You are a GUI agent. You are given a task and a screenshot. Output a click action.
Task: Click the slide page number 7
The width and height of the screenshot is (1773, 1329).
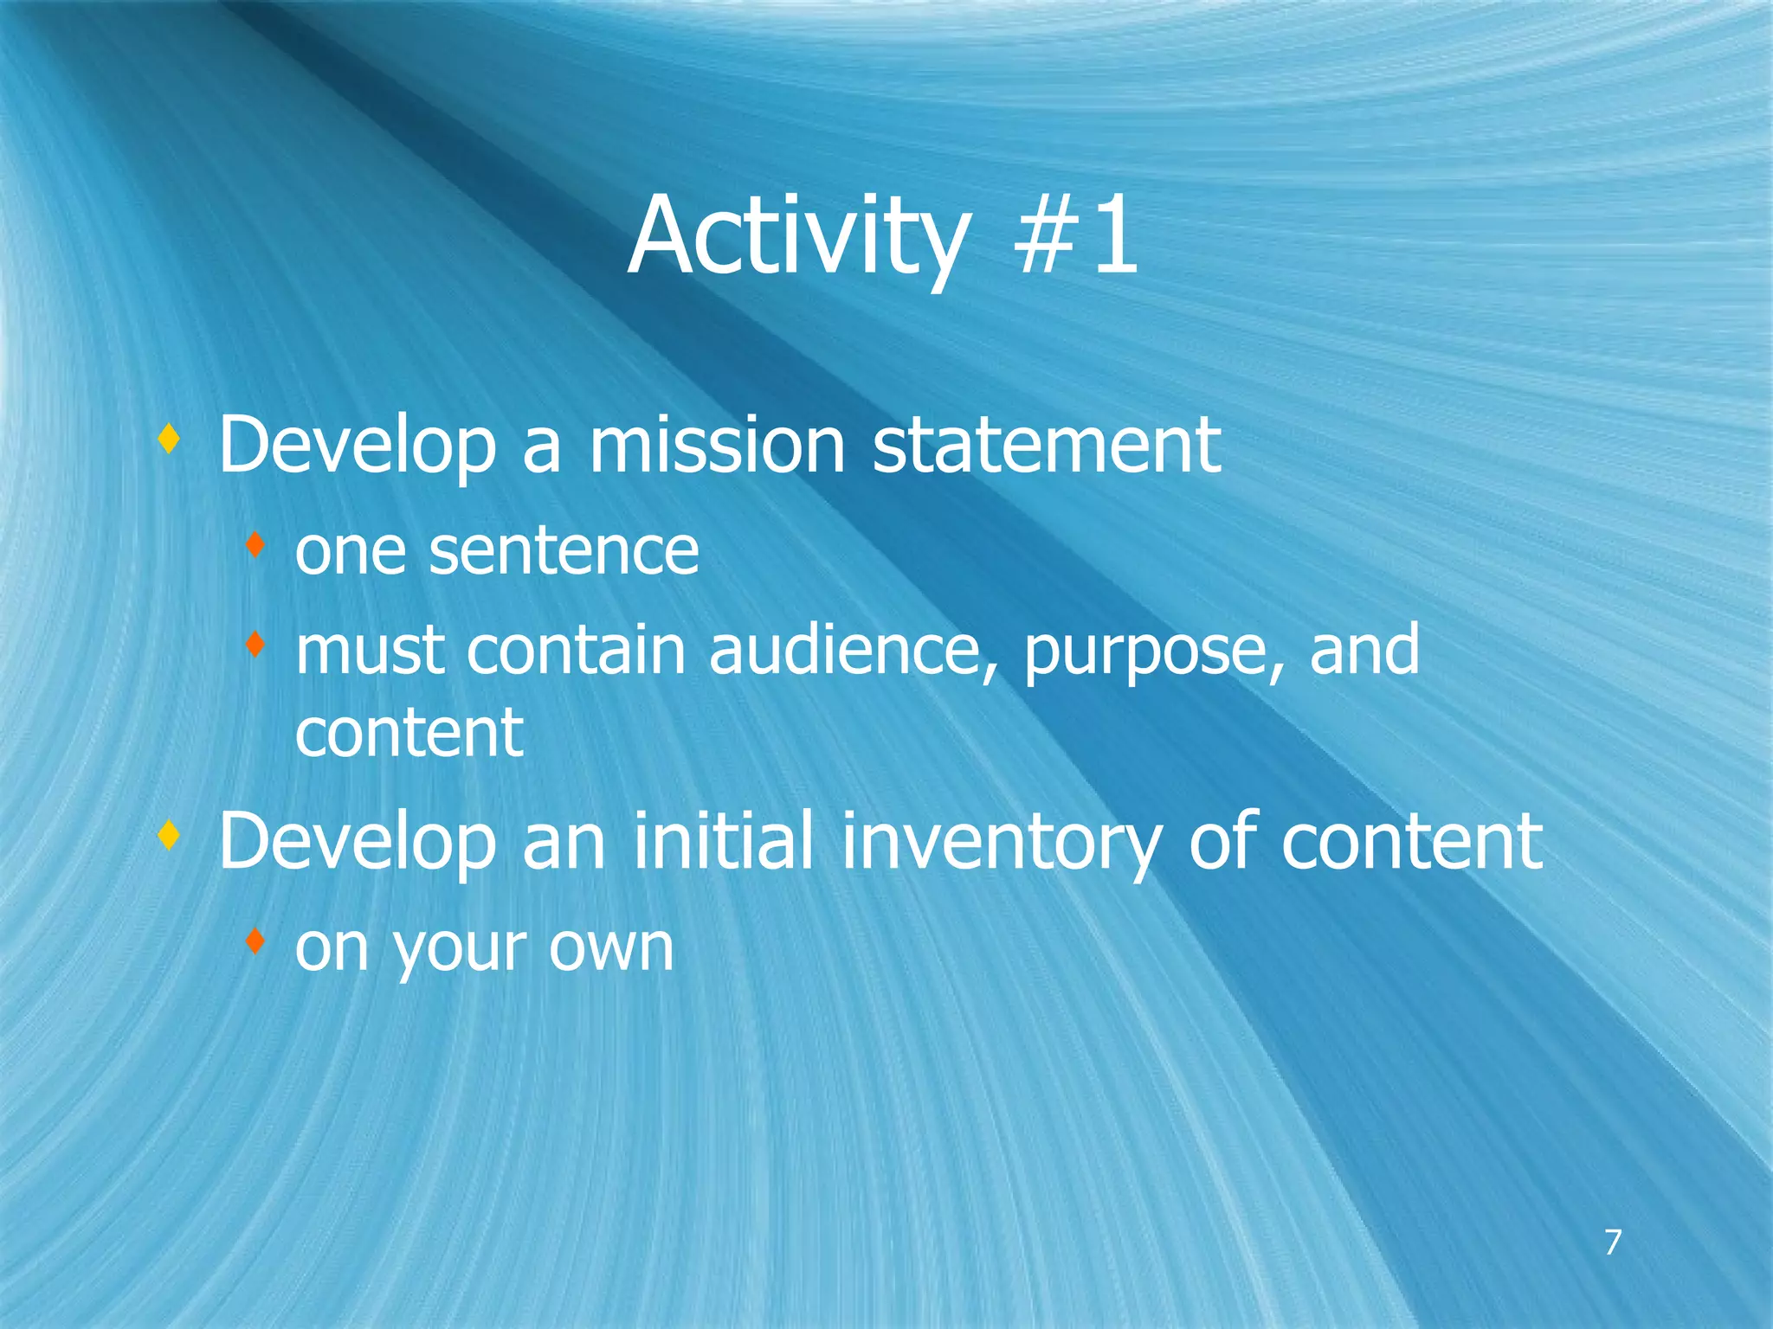point(1612,1242)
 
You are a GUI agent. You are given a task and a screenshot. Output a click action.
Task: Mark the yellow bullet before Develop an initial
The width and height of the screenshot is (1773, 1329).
point(170,836)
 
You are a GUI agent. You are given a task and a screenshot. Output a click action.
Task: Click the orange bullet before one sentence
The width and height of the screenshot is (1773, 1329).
point(254,545)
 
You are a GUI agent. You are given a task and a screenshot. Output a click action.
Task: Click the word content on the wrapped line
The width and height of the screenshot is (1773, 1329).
point(409,733)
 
